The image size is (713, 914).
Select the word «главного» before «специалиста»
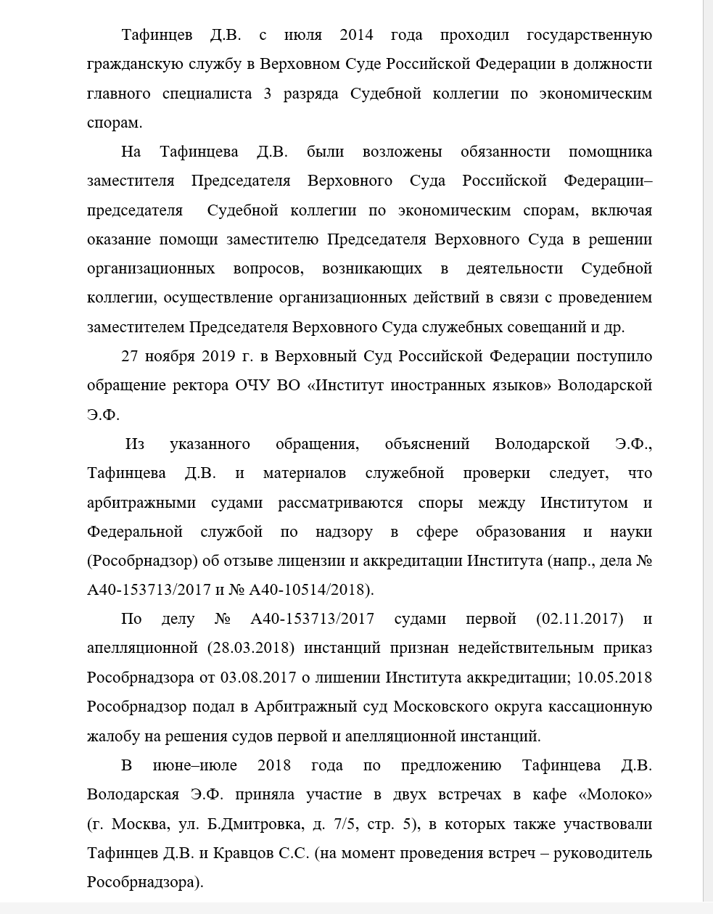[x=118, y=94]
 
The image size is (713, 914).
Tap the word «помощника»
[x=610, y=152]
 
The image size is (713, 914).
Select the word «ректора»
[x=199, y=385]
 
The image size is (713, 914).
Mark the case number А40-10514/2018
[x=311, y=590]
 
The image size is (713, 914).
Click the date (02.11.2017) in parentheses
[x=580, y=619]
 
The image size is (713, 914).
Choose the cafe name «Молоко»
[x=615, y=795]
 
